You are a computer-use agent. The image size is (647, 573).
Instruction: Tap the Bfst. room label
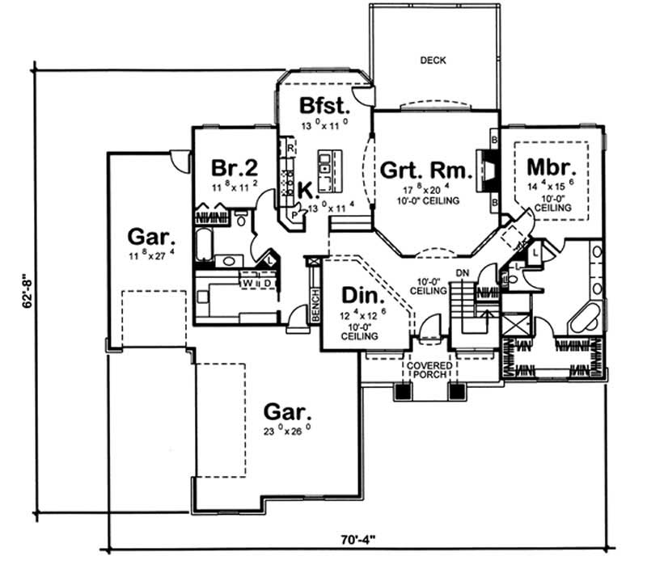324,106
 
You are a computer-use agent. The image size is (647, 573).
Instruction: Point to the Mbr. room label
551,167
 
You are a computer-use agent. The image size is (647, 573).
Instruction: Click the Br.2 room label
234,168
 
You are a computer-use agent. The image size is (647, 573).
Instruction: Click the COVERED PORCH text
429,370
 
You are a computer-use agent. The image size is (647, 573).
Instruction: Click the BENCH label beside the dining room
315,301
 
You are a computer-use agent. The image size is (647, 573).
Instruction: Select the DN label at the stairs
463,274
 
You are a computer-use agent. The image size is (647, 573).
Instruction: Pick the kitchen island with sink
325,166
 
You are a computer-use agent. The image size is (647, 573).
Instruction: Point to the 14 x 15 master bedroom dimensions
551,186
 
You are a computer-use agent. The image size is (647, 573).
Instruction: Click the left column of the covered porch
401,392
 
